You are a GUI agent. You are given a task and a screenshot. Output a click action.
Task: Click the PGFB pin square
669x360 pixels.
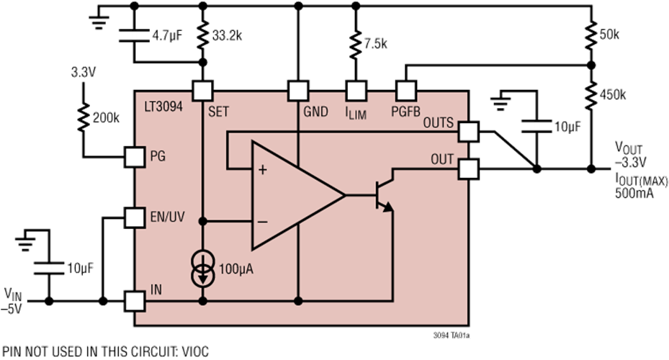(407, 90)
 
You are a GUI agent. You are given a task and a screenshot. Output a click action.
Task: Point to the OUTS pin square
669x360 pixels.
(467, 130)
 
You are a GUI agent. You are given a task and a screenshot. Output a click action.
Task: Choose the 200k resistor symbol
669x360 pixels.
(84, 117)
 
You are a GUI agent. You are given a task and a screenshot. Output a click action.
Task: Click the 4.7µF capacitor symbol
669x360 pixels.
(134, 35)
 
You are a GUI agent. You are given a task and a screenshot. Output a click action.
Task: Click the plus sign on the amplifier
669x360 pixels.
(262, 170)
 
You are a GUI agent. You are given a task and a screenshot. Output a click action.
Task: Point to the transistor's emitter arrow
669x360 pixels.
(388, 207)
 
